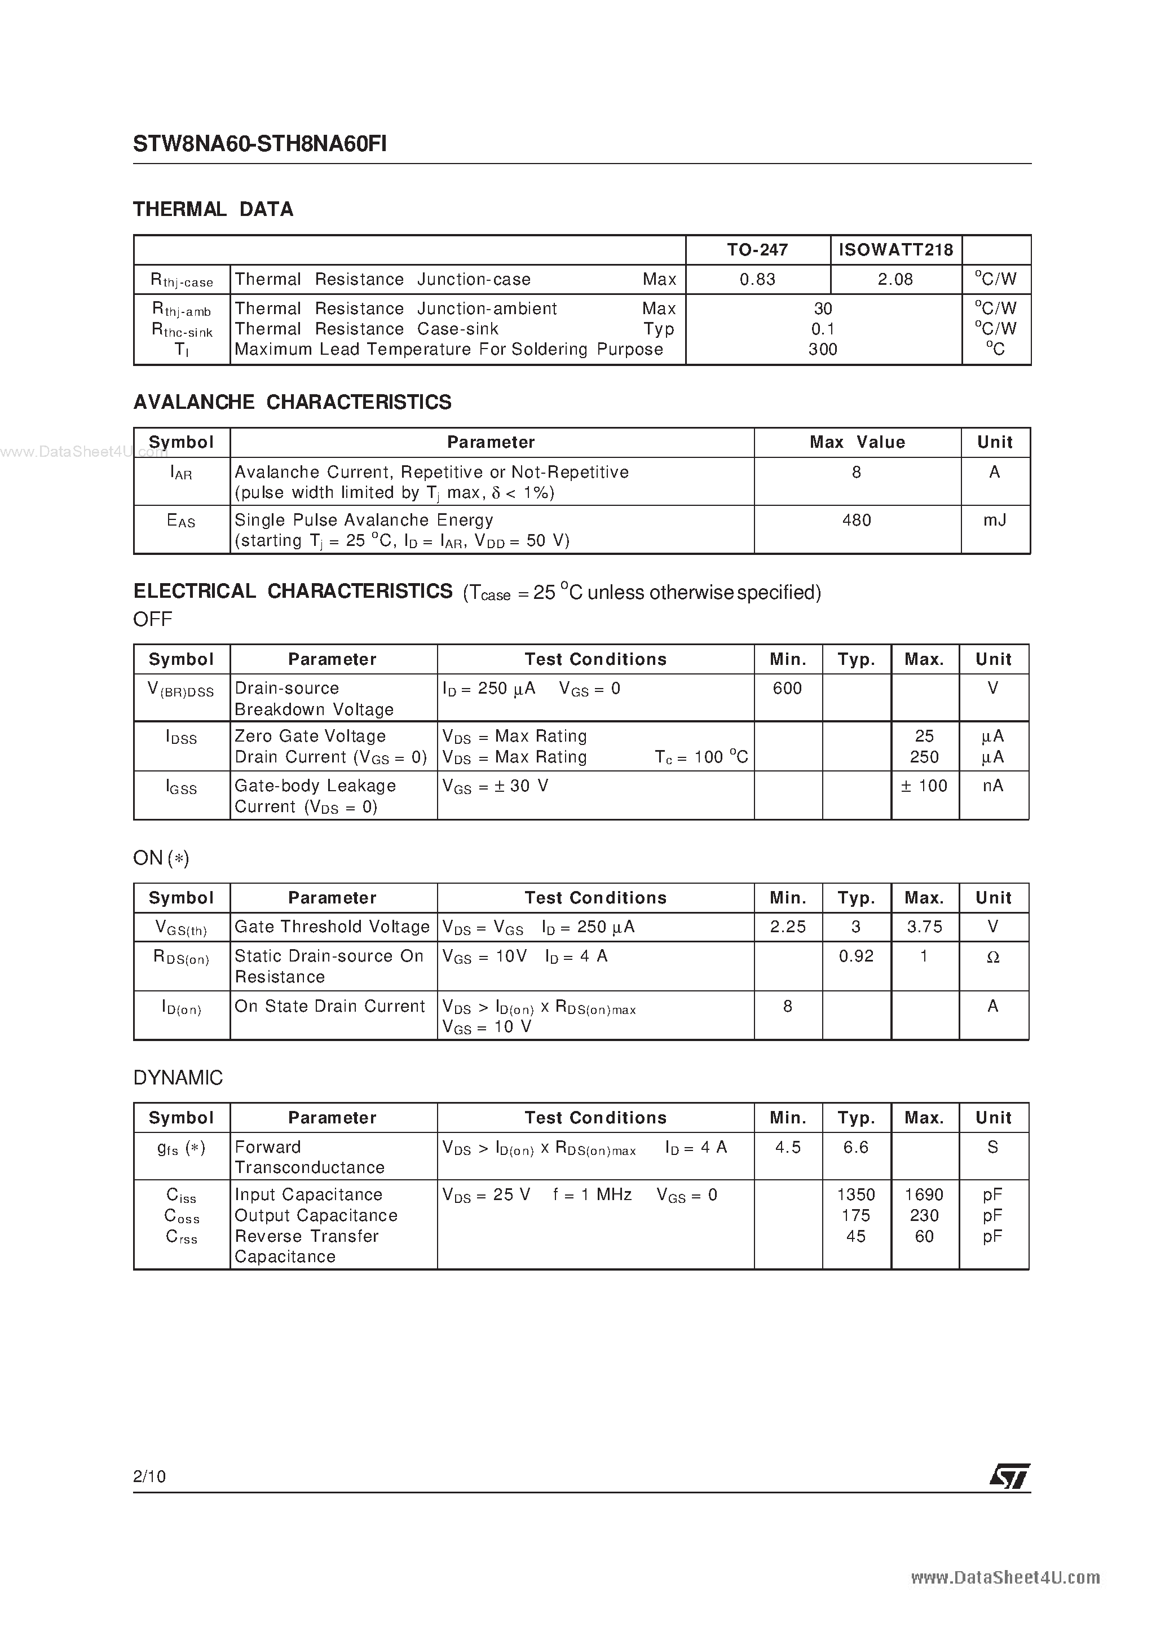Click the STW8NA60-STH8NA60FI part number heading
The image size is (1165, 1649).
[259, 144]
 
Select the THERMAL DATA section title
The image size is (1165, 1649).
[213, 209]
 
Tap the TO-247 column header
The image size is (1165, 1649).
[757, 250]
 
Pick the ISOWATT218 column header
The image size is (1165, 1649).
[895, 250]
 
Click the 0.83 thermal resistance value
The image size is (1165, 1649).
[757, 279]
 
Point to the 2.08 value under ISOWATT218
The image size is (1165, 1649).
[895, 279]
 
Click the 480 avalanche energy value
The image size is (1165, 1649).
[856, 520]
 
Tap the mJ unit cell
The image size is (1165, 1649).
[994, 520]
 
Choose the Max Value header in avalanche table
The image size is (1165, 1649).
[857, 442]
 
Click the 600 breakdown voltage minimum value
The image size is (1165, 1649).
[787, 689]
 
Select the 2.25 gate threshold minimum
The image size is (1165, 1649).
[787, 927]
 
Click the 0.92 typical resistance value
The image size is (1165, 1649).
[856, 956]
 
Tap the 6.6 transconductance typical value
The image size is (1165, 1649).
[855, 1148]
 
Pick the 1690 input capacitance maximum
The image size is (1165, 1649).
[924, 1195]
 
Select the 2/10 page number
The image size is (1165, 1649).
[149, 1476]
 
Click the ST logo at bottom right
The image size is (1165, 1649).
[1009, 1476]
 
